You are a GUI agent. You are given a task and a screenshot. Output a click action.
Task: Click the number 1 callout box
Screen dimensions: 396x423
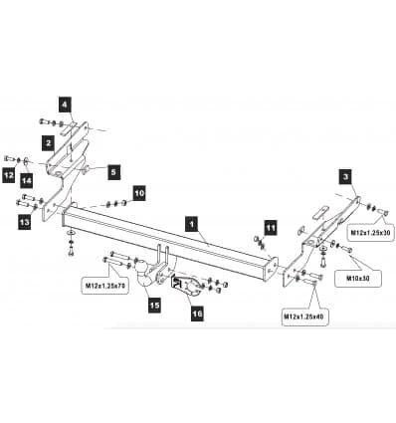(x=191, y=224)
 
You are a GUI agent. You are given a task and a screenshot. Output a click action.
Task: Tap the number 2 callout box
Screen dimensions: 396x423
(x=49, y=143)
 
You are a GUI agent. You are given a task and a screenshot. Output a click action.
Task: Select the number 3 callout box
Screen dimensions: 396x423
(x=346, y=176)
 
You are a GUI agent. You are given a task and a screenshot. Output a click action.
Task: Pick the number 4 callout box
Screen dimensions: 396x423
(x=65, y=105)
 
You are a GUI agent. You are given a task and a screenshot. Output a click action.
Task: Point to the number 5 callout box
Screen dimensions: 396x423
(x=113, y=172)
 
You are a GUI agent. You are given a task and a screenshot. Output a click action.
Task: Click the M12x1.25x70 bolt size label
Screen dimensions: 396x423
(x=105, y=286)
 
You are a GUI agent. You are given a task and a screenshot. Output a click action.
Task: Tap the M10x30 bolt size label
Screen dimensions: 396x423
(x=358, y=278)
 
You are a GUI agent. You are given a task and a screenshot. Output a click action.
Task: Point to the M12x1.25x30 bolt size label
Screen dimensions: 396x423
(x=371, y=232)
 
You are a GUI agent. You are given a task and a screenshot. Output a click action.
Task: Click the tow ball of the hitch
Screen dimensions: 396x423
(x=141, y=267)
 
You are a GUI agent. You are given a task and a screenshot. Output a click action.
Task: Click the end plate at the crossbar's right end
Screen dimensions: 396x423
(x=273, y=270)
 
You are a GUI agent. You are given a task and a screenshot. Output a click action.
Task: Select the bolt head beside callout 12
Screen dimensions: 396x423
(x=9, y=159)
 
